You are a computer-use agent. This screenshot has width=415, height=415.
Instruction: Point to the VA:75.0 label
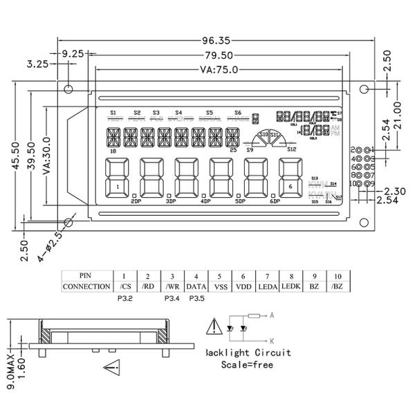[x=219, y=69]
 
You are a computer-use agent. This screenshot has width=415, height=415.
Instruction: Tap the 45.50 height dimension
[x=15, y=160]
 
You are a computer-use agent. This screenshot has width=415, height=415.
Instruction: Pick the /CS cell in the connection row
[x=124, y=286]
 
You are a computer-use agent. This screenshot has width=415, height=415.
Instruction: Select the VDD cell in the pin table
[x=243, y=286]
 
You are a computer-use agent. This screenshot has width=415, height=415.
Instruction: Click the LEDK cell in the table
[x=291, y=286]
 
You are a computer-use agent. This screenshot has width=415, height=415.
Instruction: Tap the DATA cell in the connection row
[x=196, y=286]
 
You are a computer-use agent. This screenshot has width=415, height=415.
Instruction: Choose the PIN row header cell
[x=86, y=275]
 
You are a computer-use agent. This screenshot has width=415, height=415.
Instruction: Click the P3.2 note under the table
[x=124, y=299]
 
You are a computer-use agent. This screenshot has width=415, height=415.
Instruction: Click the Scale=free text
[x=248, y=365]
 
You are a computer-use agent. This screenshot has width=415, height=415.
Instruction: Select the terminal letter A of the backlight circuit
[x=273, y=315]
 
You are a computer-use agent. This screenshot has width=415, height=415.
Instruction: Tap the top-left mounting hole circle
[x=69, y=89]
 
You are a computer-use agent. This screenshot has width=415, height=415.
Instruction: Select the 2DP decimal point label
[x=136, y=201]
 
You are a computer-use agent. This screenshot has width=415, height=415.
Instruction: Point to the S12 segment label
[x=291, y=149]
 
